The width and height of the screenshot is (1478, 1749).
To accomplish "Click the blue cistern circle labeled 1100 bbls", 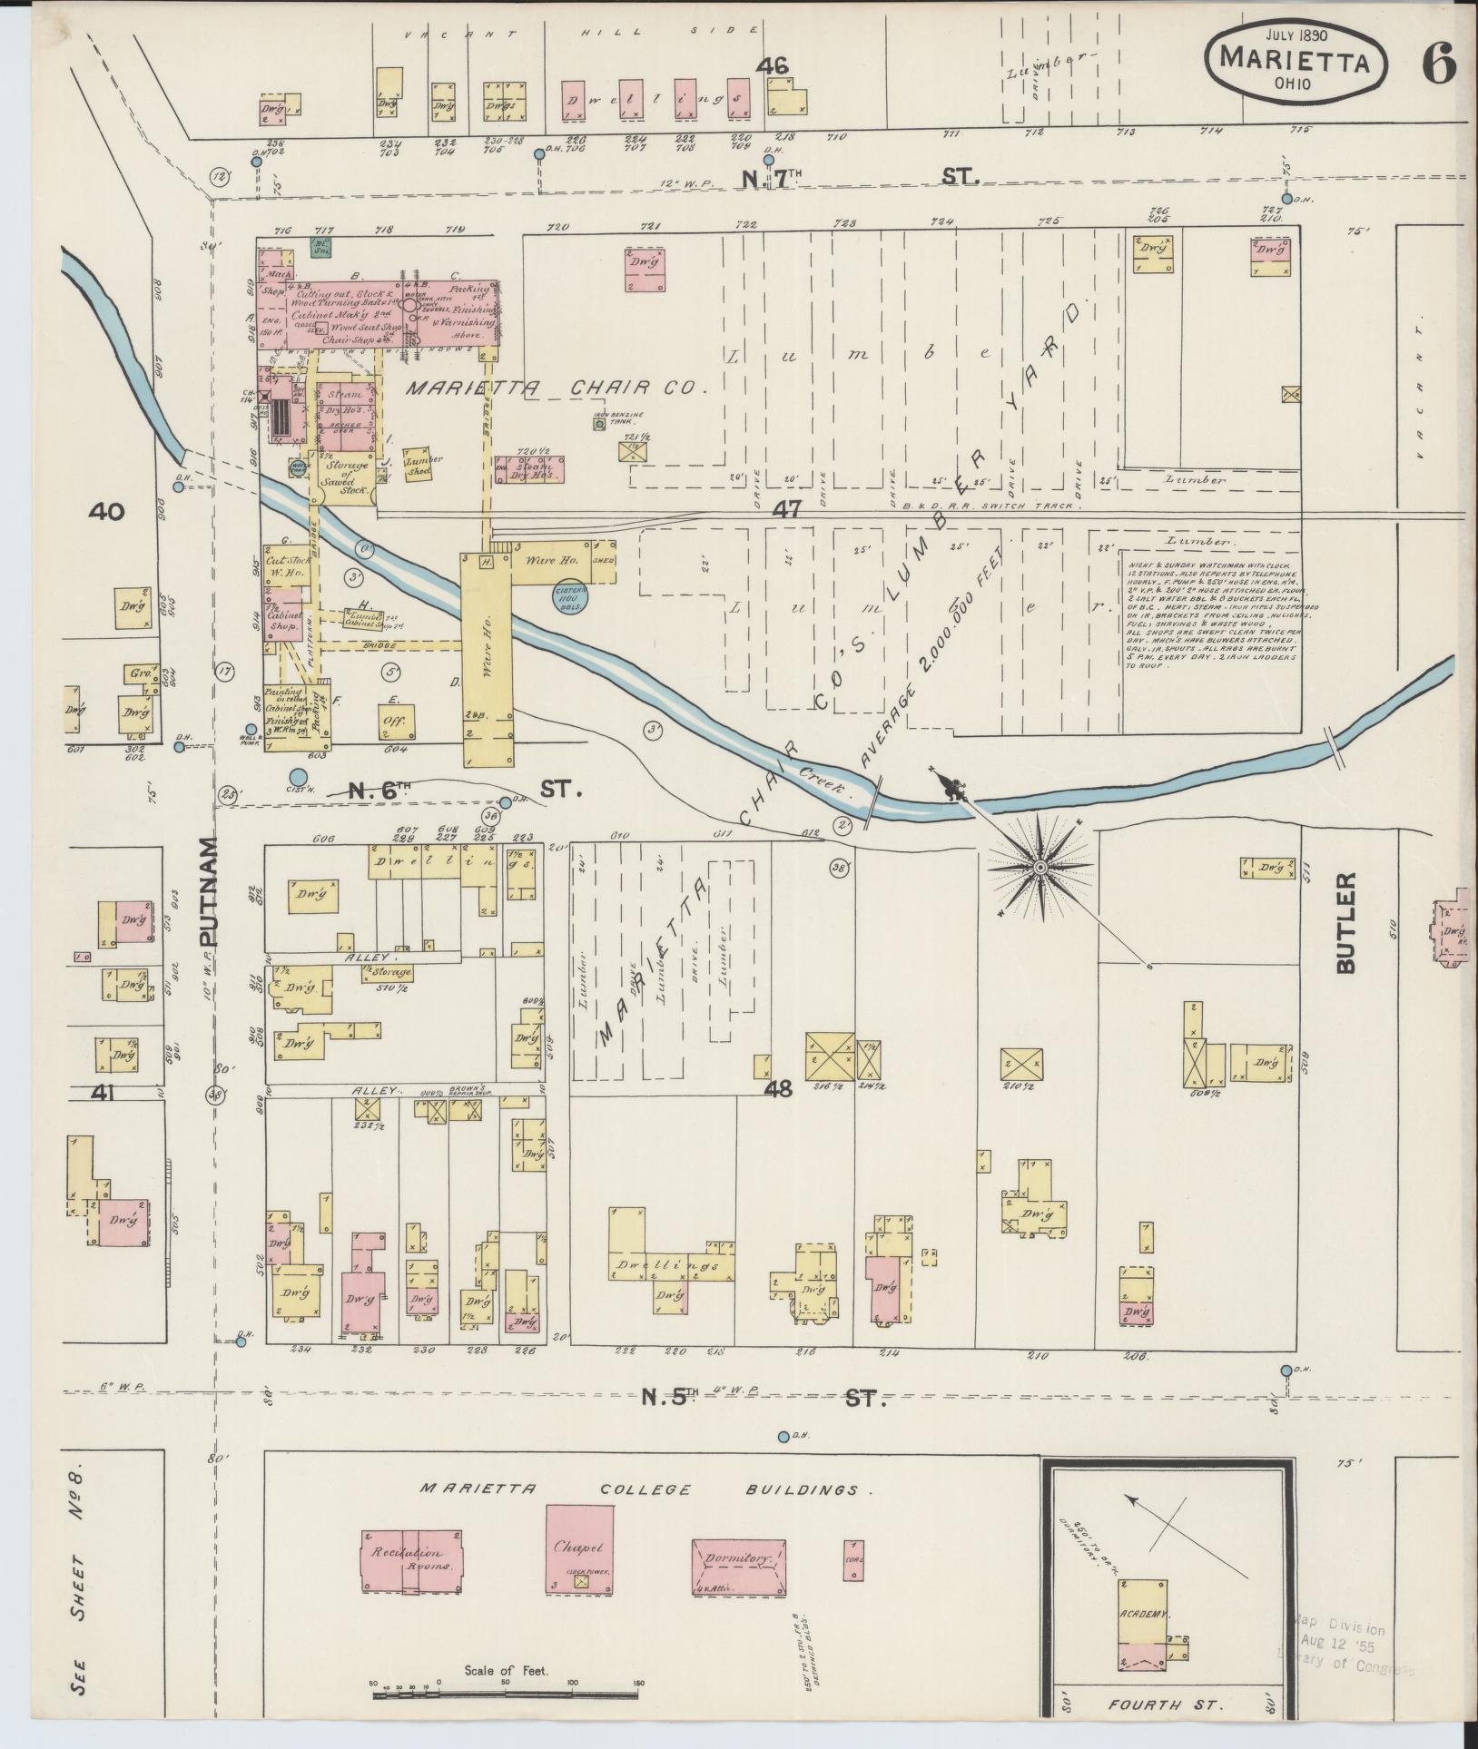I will [571, 597].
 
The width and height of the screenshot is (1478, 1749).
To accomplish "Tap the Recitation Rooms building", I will [414, 1554].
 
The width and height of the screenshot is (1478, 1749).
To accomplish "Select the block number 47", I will [786, 509].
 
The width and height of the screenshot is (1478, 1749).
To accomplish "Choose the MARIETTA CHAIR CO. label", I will [556, 388].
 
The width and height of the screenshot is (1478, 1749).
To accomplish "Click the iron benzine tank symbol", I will [599, 423].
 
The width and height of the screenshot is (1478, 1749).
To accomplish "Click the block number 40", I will [106, 512].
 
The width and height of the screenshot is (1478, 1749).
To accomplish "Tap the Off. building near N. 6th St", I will [397, 721].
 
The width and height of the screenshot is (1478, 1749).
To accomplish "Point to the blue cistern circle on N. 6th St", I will [298, 777].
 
